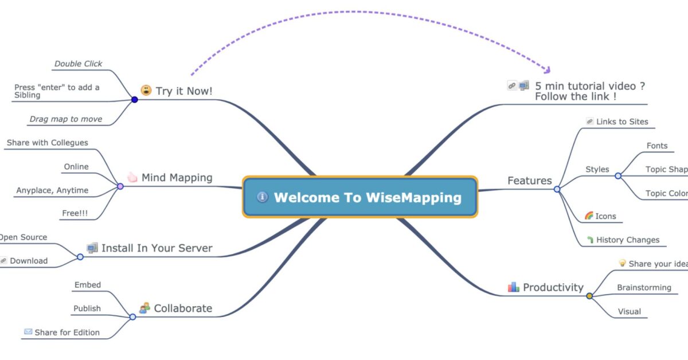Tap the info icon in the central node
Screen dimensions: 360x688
tap(263, 197)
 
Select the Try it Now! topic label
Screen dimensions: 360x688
tap(184, 91)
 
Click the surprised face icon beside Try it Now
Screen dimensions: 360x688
tap(146, 91)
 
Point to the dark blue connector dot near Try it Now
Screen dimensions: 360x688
tap(135, 100)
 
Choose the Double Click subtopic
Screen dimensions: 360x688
tap(78, 64)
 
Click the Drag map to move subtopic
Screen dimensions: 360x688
tap(66, 119)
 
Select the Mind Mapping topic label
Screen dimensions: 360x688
tap(177, 178)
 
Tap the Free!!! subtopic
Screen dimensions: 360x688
tap(75, 213)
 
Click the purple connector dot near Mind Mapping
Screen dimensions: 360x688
tap(120, 186)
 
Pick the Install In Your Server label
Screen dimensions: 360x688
tap(157, 248)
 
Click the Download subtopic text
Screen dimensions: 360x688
tap(29, 261)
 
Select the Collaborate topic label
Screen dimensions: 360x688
tap(183, 308)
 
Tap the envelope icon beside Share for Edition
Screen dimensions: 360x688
tap(28, 332)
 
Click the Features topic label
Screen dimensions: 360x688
tap(530, 181)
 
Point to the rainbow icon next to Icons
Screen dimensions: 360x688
tap(589, 216)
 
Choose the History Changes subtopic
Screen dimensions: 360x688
tap(628, 240)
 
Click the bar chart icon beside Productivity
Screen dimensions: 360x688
tap(513, 287)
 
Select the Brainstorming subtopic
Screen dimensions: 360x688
tap(644, 288)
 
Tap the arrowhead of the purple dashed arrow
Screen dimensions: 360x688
tap(548, 70)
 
